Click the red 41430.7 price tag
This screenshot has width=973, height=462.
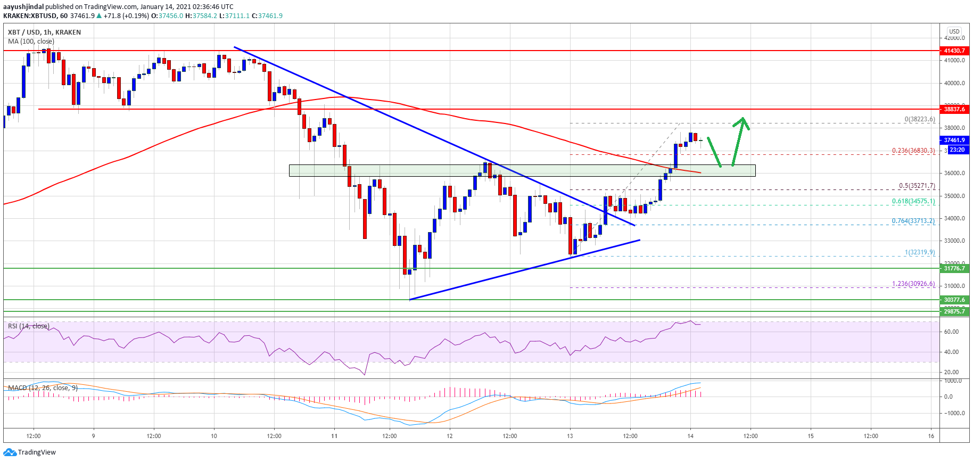pyautogui.click(x=954, y=51)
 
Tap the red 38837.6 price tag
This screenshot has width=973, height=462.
pyautogui.click(x=954, y=109)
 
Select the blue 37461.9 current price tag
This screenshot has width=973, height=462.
pyautogui.click(x=954, y=141)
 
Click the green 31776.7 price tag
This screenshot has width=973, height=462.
pyautogui.click(x=954, y=268)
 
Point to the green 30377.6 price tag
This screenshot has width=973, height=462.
pyautogui.click(x=954, y=300)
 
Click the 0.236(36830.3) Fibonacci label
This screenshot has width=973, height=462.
pyautogui.click(x=913, y=151)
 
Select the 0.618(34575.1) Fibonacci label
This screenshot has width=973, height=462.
pyautogui.click(x=913, y=201)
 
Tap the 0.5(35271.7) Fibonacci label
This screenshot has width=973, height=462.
pyautogui.click(x=917, y=186)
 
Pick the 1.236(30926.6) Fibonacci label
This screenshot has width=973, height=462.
pyautogui.click(x=913, y=284)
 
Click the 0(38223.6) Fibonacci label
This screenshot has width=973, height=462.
pyautogui.click(x=919, y=119)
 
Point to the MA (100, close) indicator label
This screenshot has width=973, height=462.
pyautogui.click(x=31, y=42)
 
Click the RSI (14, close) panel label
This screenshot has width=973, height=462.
pyautogui.click(x=28, y=326)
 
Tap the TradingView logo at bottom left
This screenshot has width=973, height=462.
pyautogui.click(x=30, y=452)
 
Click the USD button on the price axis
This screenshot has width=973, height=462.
pyautogui.click(x=954, y=31)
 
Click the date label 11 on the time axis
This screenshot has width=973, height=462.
pyautogui.click(x=334, y=436)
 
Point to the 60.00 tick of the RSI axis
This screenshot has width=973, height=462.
pyautogui.click(x=951, y=332)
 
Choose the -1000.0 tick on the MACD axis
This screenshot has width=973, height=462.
pyautogui.click(x=952, y=413)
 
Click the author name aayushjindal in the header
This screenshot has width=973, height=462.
pyautogui.click(x=23, y=7)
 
